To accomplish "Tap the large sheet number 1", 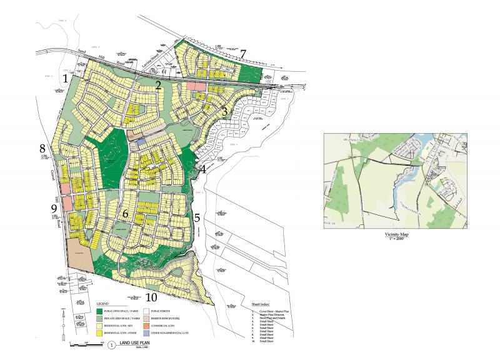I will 66,79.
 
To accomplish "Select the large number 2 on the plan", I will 159,86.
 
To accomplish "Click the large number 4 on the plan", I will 203,169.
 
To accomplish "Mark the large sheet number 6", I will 125,214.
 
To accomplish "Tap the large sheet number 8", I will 42,149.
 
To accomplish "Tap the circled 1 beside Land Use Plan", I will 111,344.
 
